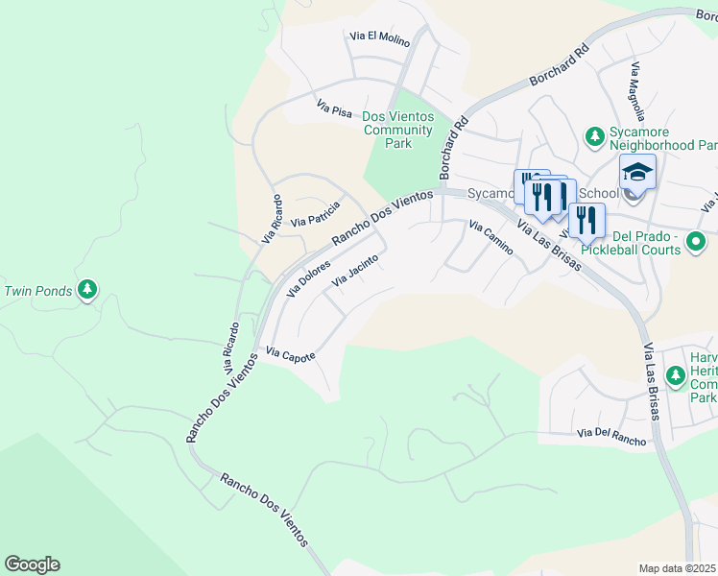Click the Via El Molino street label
(x=380, y=38)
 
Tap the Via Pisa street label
(x=335, y=109)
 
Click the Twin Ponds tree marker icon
(x=87, y=289)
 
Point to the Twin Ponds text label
(x=38, y=291)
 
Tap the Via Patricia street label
(x=316, y=214)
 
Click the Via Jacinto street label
(x=355, y=270)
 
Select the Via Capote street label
(x=291, y=355)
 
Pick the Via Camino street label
(x=491, y=237)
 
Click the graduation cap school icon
(x=637, y=172)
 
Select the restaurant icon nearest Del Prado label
(x=586, y=219)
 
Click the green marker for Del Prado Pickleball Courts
(x=699, y=241)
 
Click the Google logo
(x=32, y=564)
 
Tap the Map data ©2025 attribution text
(x=678, y=568)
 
